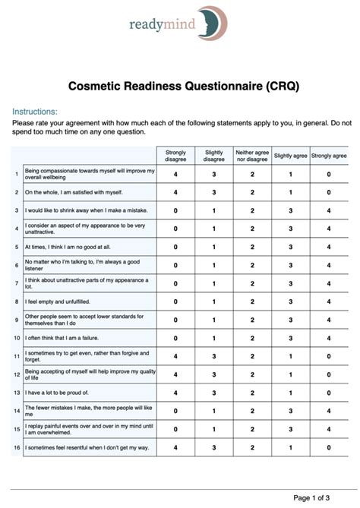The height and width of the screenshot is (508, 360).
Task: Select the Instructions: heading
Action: (x=35, y=110)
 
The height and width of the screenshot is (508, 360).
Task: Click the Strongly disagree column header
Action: (x=175, y=156)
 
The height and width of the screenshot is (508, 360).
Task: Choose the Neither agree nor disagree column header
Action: (x=251, y=156)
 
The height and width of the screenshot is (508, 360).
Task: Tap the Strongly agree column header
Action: (x=329, y=156)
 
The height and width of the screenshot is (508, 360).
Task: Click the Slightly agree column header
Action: (x=290, y=156)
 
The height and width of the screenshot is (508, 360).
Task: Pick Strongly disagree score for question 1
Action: (x=175, y=174)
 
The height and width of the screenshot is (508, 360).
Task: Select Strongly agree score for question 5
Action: (x=329, y=247)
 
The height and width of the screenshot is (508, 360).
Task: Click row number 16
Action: (x=17, y=447)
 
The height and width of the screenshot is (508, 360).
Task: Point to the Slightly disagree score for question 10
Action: (x=213, y=338)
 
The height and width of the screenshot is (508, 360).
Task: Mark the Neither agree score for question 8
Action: (x=251, y=301)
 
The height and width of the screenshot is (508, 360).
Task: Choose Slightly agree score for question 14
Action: (x=290, y=411)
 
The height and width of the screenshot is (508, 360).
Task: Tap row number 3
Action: (x=17, y=210)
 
